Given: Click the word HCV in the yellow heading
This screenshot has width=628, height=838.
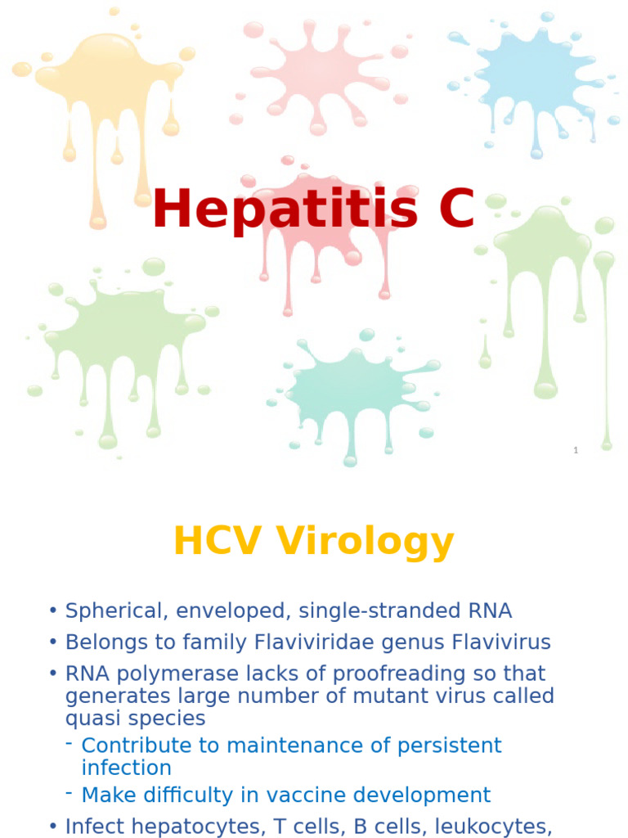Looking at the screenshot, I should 219,542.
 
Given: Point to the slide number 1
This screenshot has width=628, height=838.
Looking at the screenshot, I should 576,450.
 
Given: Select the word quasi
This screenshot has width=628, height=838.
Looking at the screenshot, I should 92,719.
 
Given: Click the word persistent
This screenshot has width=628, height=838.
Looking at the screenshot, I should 449,746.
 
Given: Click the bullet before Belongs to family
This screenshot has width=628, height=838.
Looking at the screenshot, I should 53,643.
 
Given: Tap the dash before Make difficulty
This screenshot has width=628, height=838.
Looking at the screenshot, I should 70,792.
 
